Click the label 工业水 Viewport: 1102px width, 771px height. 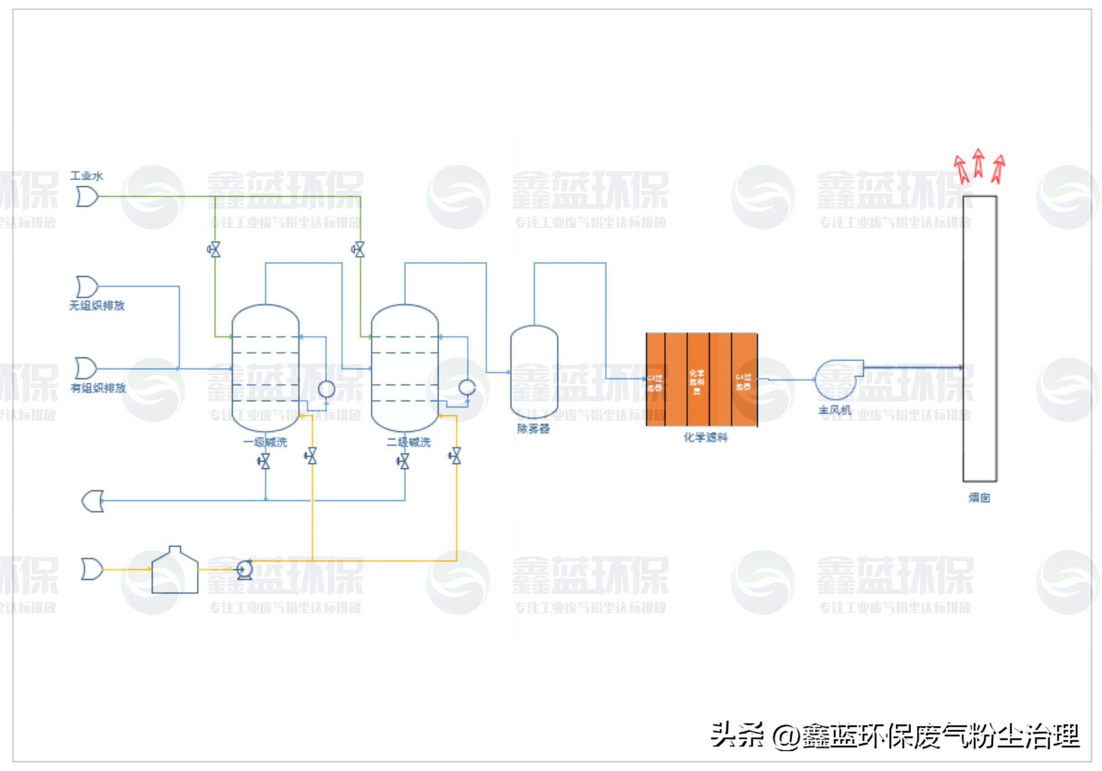click(86, 176)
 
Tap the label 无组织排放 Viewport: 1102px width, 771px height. click(97, 306)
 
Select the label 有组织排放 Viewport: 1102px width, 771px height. click(98, 388)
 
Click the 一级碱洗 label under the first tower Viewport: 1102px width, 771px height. click(265, 442)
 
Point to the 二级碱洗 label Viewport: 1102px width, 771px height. click(409, 442)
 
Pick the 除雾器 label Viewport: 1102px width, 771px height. click(533, 428)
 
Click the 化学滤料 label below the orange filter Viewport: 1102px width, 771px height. click(705, 437)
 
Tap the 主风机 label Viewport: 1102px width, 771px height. click(835, 410)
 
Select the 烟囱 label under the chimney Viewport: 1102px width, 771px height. click(979, 498)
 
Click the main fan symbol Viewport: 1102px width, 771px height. click(837, 380)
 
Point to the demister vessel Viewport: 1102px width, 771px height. click(534, 372)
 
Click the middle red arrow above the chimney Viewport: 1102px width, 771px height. click(978, 163)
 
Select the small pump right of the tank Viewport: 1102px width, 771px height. click(245, 570)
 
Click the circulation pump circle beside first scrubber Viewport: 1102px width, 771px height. click(326, 389)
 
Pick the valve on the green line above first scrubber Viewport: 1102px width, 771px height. click(214, 249)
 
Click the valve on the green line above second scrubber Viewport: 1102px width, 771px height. click(359, 249)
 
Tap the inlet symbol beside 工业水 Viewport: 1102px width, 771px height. click(87, 197)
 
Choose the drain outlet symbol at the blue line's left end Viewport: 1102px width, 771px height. click(92, 501)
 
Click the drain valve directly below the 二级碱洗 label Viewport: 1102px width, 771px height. click(404, 461)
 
